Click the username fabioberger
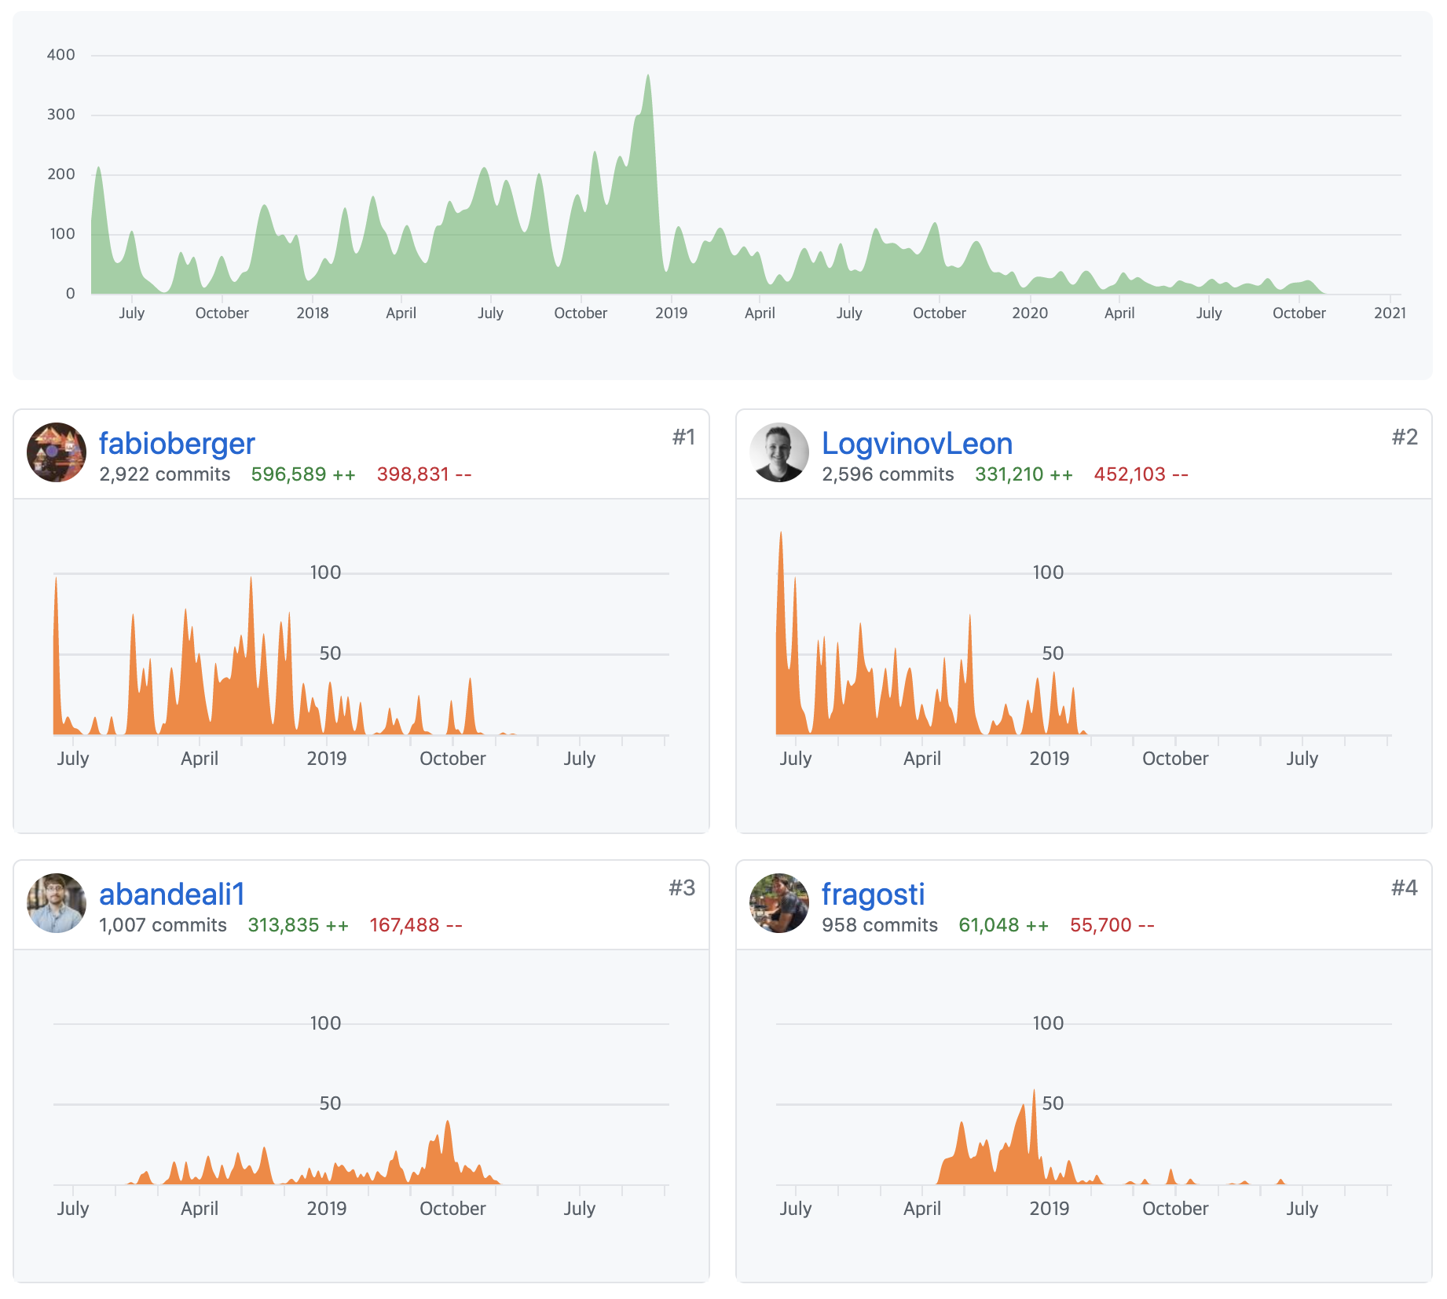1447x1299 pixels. [177, 444]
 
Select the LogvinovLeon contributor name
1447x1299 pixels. [917, 444]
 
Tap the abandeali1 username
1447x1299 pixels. [172, 894]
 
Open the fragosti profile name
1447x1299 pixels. [873, 894]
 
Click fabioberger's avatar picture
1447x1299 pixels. [57, 452]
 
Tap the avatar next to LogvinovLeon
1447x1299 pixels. [779, 452]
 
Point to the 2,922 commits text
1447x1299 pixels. [165, 474]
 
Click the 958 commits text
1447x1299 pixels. [880, 925]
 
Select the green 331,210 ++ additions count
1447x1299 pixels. [1024, 474]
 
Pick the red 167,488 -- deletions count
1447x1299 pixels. [416, 925]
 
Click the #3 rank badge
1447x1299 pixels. [682, 888]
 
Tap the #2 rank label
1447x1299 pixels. [1405, 437]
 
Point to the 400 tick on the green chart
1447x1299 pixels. [61, 55]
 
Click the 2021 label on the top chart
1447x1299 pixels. [1390, 313]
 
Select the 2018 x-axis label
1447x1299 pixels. [312, 313]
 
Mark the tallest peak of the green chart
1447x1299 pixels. [648, 77]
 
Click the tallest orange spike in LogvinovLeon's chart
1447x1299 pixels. [781, 534]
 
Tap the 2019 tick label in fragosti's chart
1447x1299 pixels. [1049, 1208]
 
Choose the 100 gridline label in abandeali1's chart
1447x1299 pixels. [325, 1023]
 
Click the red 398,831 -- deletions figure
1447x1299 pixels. [424, 474]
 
